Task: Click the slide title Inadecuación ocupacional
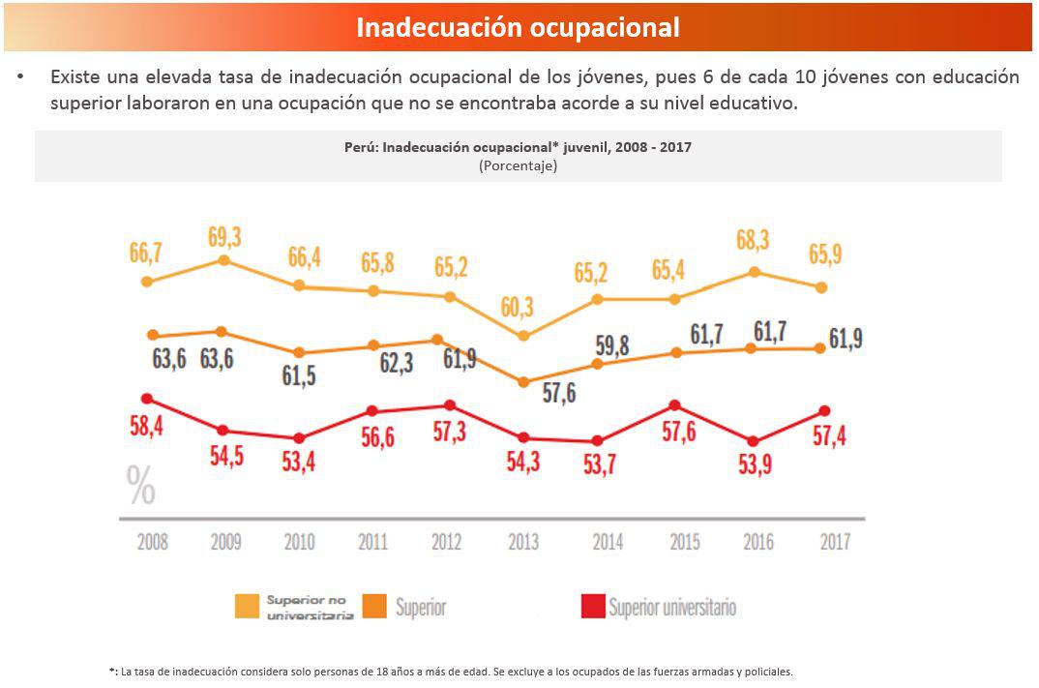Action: click(518, 27)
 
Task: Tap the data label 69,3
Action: click(224, 237)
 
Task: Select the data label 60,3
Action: click(518, 308)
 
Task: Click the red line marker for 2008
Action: click(147, 398)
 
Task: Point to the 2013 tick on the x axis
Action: click(523, 541)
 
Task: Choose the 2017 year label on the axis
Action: click(834, 541)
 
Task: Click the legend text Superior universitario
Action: click(672, 608)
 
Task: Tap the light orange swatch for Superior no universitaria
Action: click(248, 607)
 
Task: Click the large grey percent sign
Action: click(141, 487)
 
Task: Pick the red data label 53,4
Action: click(298, 463)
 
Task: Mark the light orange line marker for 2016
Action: click(754, 272)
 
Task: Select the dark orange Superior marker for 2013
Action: click(523, 382)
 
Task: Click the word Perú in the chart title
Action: click(363, 147)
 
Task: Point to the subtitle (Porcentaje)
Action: click(518, 165)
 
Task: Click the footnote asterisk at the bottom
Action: click(112, 671)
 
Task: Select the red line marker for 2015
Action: click(675, 405)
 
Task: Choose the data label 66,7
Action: click(146, 254)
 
